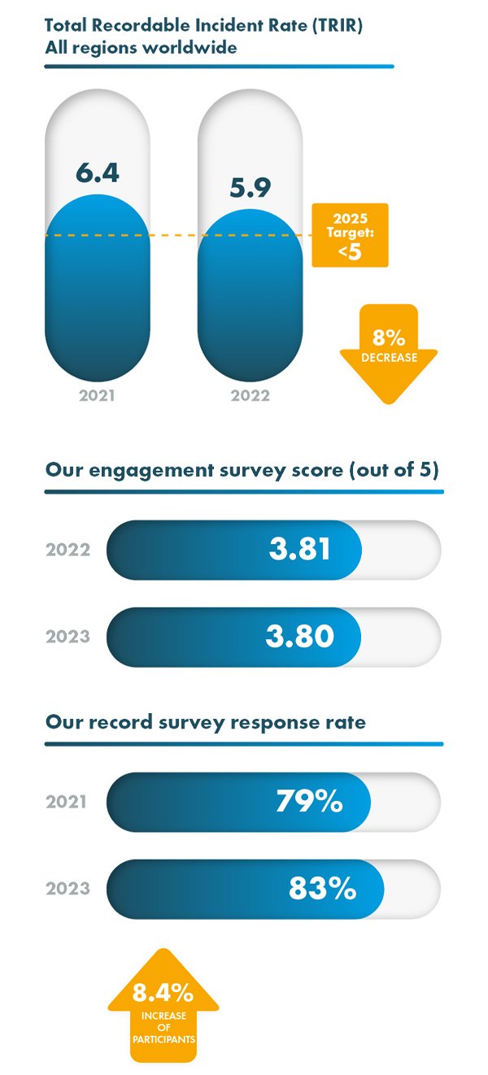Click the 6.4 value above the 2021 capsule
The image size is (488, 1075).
pyautogui.click(x=97, y=173)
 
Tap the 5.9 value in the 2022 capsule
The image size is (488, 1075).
pyautogui.click(x=250, y=188)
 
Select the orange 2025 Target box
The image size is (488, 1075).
pyautogui.click(x=350, y=235)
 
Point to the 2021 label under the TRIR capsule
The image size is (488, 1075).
pyautogui.click(x=97, y=397)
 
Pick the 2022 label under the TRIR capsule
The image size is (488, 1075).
pyautogui.click(x=250, y=397)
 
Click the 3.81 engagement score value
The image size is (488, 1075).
pyautogui.click(x=300, y=549)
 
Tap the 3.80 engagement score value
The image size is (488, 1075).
pyautogui.click(x=299, y=636)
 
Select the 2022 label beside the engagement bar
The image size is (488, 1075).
pyautogui.click(x=68, y=550)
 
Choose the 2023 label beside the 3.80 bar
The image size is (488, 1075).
pyautogui.click(x=68, y=637)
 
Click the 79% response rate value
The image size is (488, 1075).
pyautogui.click(x=309, y=802)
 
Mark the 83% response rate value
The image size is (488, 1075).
pyautogui.click(x=322, y=888)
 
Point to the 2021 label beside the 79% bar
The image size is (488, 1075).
pyautogui.click(x=67, y=803)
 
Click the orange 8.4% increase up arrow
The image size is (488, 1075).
pyautogui.click(x=163, y=1005)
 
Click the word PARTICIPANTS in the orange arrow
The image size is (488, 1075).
pyautogui.click(x=163, y=1038)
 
